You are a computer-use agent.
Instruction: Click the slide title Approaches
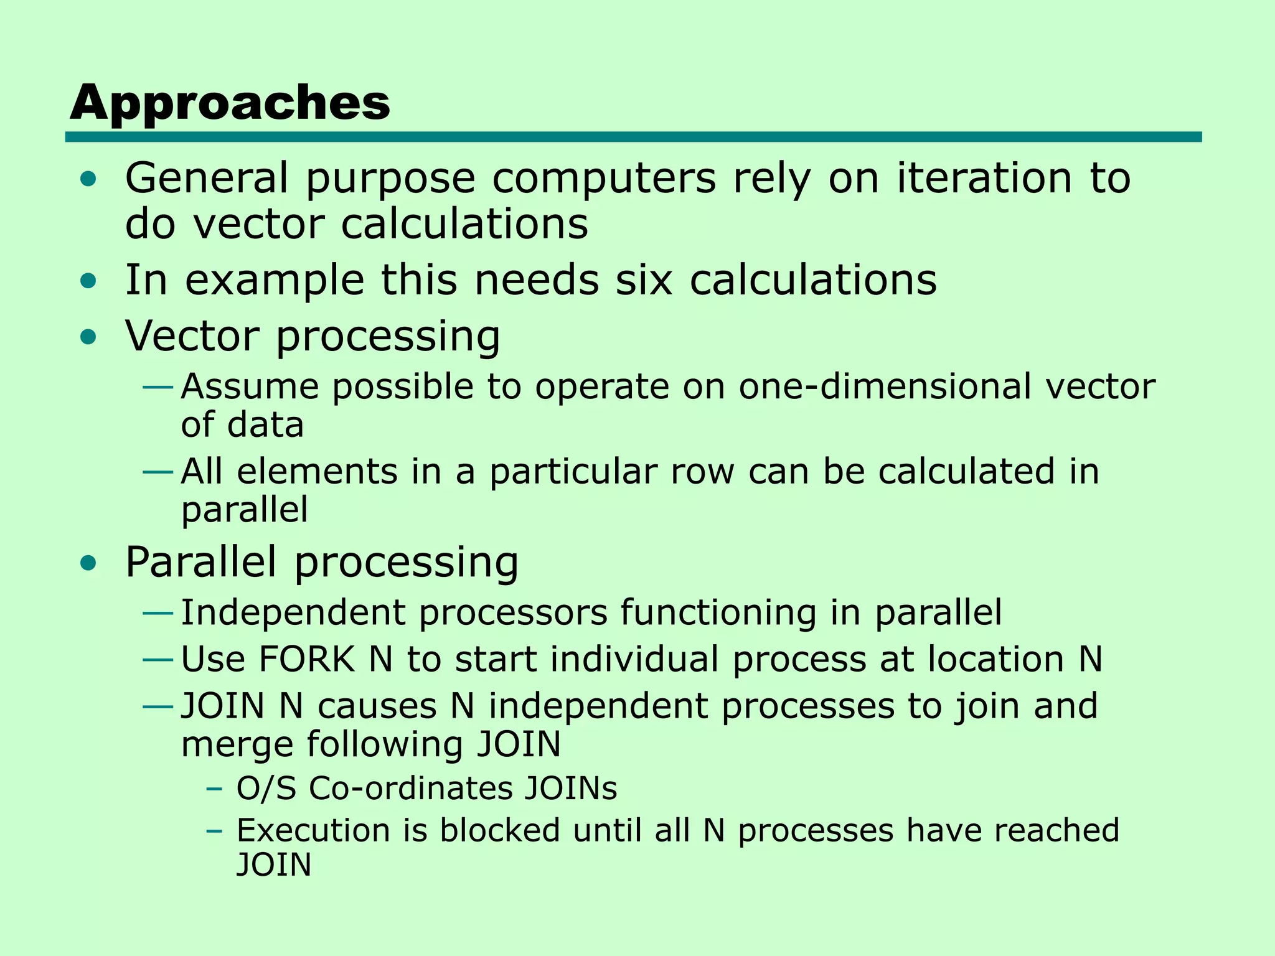[x=230, y=103]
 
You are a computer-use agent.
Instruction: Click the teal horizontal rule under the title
[x=633, y=137]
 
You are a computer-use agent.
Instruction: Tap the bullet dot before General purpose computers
[x=89, y=179]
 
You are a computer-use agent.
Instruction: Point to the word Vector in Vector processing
[x=192, y=336]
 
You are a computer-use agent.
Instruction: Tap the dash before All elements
[x=158, y=472]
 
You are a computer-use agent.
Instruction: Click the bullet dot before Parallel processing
[x=89, y=563]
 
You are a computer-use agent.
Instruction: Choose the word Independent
[x=293, y=612]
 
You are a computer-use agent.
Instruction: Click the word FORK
[x=306, y=660]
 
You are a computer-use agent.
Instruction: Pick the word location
[x=995, y=660]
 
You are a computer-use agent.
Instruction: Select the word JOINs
[x=570, y=789]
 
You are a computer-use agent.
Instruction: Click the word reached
[x=1056, y=831]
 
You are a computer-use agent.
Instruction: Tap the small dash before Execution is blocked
[x=214, y=832]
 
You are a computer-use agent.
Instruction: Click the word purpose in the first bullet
[x=390, y=179]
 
